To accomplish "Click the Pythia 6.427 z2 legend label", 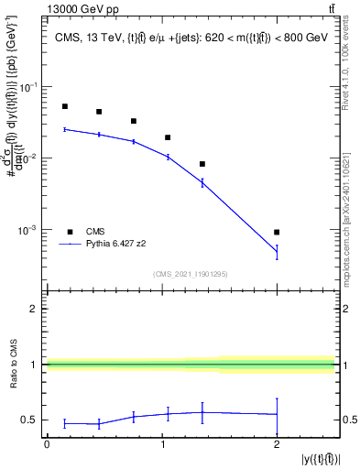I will (x=124, y=245).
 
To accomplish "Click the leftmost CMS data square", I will (x=64, y=106).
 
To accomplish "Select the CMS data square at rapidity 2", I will (x=277, y=232).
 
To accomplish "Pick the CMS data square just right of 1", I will (x=168, y=137).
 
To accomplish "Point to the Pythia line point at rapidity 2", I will (x=277, y=252).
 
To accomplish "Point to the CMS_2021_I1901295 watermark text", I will (x=191, y=274).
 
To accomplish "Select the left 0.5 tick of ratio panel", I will (x=31, y=420).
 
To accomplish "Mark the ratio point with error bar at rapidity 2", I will (x=277, y=414).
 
